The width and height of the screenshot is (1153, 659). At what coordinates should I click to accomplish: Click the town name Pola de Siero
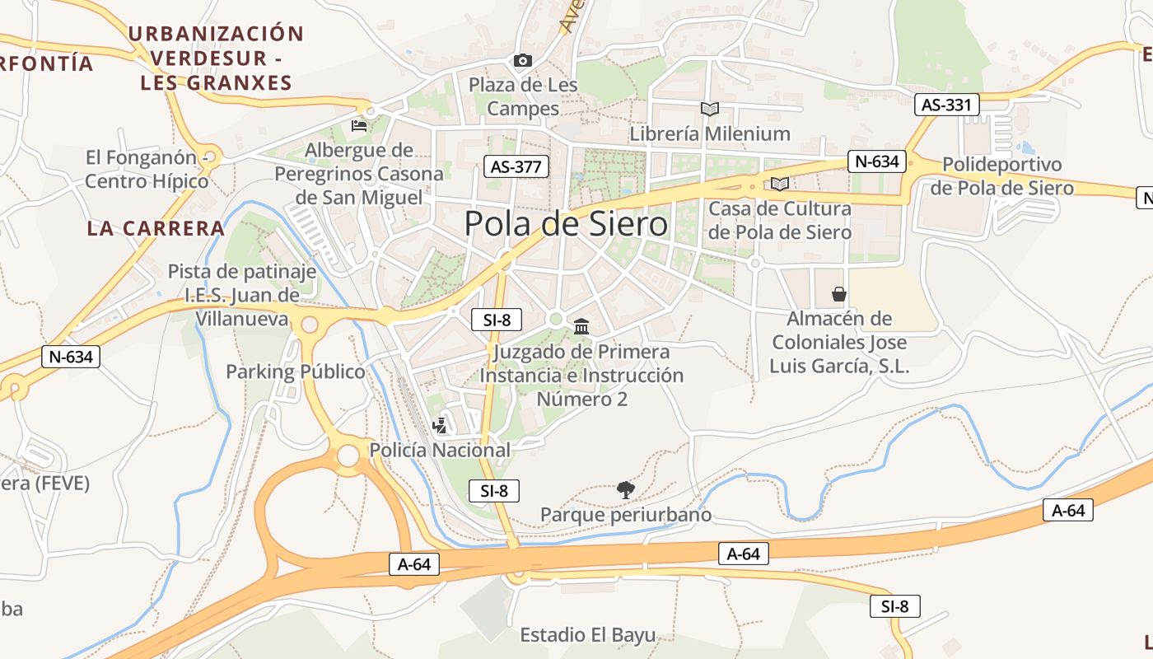coord(566,223)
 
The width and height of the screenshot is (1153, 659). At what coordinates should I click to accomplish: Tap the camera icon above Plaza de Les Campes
coord(522,60)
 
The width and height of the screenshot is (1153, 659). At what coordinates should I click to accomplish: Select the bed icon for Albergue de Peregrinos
coord(359,125)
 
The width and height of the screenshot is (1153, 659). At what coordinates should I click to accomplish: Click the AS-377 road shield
coord(516,166)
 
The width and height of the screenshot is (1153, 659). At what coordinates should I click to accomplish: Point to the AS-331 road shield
coord(947,105)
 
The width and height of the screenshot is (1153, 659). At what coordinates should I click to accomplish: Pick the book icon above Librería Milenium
coord(709,109)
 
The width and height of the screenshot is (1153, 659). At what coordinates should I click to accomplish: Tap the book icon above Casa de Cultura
coord(779,184)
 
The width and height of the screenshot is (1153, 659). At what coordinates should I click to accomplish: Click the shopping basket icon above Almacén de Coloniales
coord(838,294)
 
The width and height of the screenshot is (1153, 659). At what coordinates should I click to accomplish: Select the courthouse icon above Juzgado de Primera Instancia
coord(581,327)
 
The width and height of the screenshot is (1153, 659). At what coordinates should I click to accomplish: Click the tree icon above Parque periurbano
coord(626,490)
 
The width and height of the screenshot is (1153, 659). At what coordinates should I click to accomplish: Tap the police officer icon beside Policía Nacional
coord(441,426)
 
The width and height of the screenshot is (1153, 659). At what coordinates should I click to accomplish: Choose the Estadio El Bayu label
coord(588,635)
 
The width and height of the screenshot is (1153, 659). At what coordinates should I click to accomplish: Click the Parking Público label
coord(295,372)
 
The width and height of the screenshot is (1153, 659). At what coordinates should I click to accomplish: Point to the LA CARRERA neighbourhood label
coord(156,228)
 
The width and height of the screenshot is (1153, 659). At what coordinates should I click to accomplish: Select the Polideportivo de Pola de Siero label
coord(1001,176)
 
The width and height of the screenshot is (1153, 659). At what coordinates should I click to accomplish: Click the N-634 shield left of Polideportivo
coord(876,161)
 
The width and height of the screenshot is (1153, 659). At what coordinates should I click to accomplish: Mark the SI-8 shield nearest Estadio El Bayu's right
coord(894,606)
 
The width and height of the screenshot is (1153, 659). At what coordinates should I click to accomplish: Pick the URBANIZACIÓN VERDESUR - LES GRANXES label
coord(217,58)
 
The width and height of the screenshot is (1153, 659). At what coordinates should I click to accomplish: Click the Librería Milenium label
coord(710,133)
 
